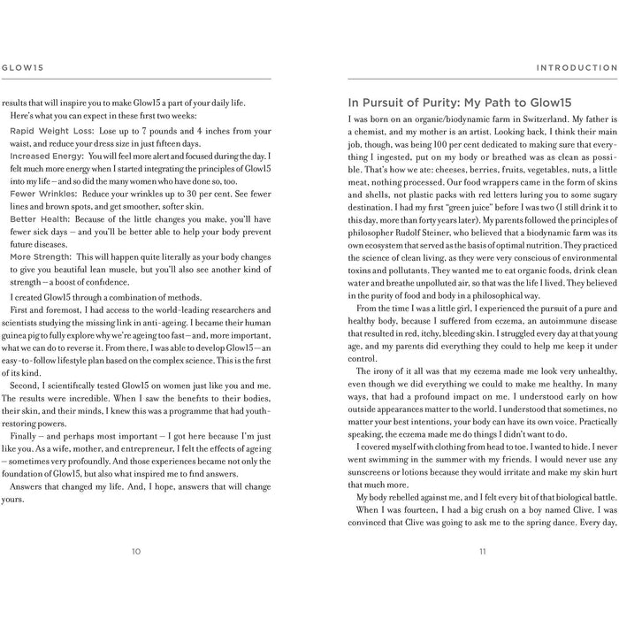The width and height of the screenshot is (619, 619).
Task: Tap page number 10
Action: [135, 551]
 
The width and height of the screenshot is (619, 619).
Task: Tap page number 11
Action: [483, 551]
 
